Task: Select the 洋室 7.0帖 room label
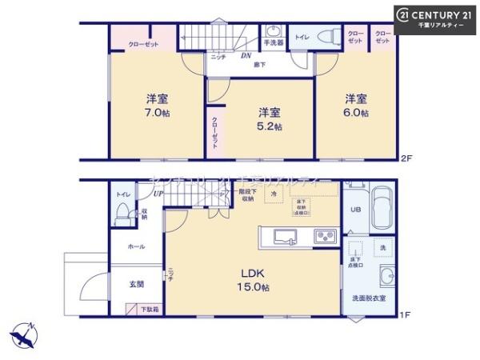tap(157, 105)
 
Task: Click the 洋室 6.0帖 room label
tap(356, 105)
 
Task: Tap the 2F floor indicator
tap(406, 158)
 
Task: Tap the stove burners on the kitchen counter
tap(326, 236)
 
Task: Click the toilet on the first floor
tap(122, 212)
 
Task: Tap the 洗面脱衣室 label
tap(369, 298)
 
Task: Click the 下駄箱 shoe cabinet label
tap(149, 308)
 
